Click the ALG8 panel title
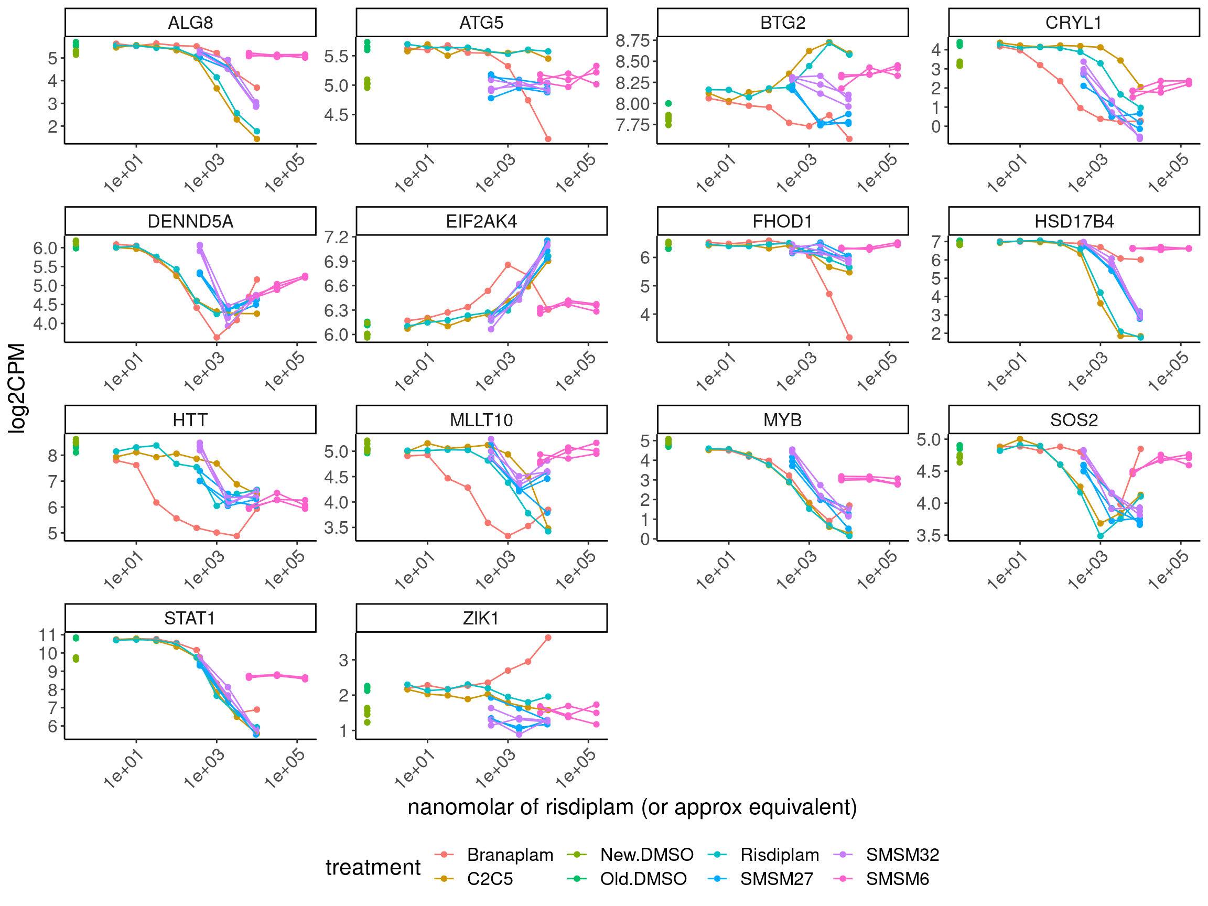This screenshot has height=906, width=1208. pyautogui.click(x=190, y=23)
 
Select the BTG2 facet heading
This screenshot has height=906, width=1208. pyautogui.click(x=783, y=23)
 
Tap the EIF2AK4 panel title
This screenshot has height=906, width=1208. pyautogui.click(x=481, y=222)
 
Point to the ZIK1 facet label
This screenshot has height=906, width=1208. pyautogui.click(x=481, y=619)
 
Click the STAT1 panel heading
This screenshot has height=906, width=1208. pyautogui.click(x=190, y=619)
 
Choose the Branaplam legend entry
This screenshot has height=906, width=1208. pyautogui.click(x=510, y=855)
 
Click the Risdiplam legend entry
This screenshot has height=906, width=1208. pyautogui.click(x=779, y=855)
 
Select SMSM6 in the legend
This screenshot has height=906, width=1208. pyautogui.click(x=897, y=879)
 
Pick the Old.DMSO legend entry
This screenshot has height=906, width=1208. pyautogui.click(x=643, y=879)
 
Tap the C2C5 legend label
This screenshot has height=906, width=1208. pyautogui.click(x=489, y=879)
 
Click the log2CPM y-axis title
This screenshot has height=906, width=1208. pyautogui.click(x=17, y=389)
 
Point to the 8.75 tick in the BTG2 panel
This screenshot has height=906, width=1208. pyautogui.click(x=632, y=40)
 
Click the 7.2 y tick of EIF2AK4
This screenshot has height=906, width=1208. pyautogui.click(x=337, y=238)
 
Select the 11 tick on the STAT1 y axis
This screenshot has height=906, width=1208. pyautogui.click(x=48, y=635)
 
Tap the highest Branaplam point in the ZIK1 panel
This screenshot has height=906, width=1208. pyautogui.click(x=548, y=638)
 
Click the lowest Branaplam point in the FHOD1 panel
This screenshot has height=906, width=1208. pyautogui.click(x=849, y=338)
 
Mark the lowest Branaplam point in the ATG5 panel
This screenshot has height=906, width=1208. pyautogui.click(x=548, y=139)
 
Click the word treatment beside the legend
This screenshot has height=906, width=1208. pyautogui.click(x=373, y=867)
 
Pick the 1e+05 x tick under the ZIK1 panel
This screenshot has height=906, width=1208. pyautogui.click(x=576, y=769)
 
